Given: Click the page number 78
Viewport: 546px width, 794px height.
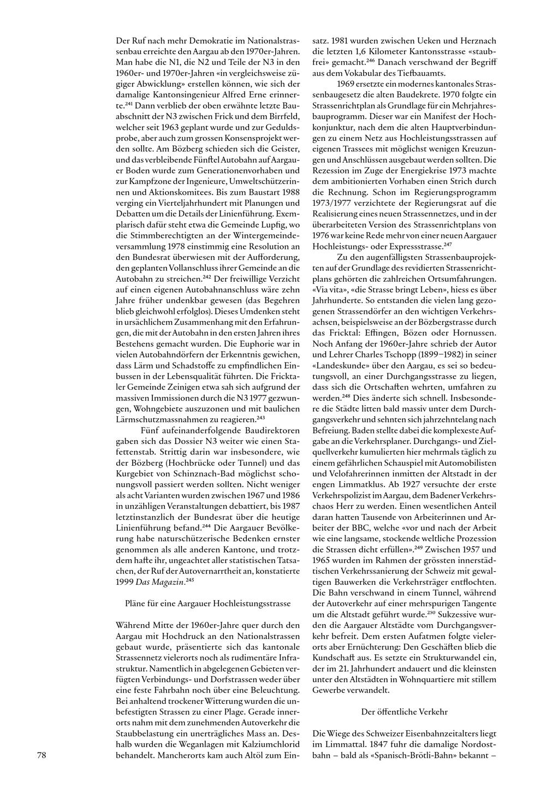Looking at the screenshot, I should tap(42, 755).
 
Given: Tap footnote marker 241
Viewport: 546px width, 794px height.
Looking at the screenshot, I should tap(129, 103).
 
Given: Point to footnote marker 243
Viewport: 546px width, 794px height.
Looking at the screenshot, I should tap(260, 418).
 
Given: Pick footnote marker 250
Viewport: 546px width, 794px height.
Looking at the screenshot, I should tap(446, 613).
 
